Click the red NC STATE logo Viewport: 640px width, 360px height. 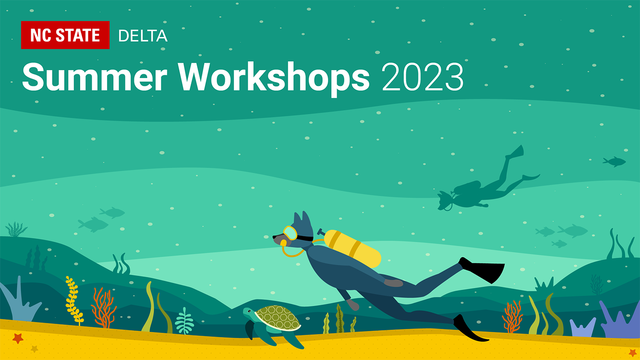[x=65, y=35]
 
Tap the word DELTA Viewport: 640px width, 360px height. [x=143, y=36]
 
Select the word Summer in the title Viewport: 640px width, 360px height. [x=95, y=77]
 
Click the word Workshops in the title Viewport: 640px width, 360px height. [x=274, y=79]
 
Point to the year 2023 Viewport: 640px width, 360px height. [x=422, y=77]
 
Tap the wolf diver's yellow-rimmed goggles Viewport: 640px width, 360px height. [x=291, y=233]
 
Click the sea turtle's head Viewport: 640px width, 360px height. [x=249, y=312]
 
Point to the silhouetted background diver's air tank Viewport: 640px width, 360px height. [x=468, y=187]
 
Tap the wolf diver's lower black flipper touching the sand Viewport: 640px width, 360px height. [x=468, y=328]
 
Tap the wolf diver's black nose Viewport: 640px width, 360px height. [x=275, y=237]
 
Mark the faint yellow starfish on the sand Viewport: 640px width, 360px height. [x=35, y=349]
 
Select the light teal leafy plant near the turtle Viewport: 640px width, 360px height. [x=184, y=321]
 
